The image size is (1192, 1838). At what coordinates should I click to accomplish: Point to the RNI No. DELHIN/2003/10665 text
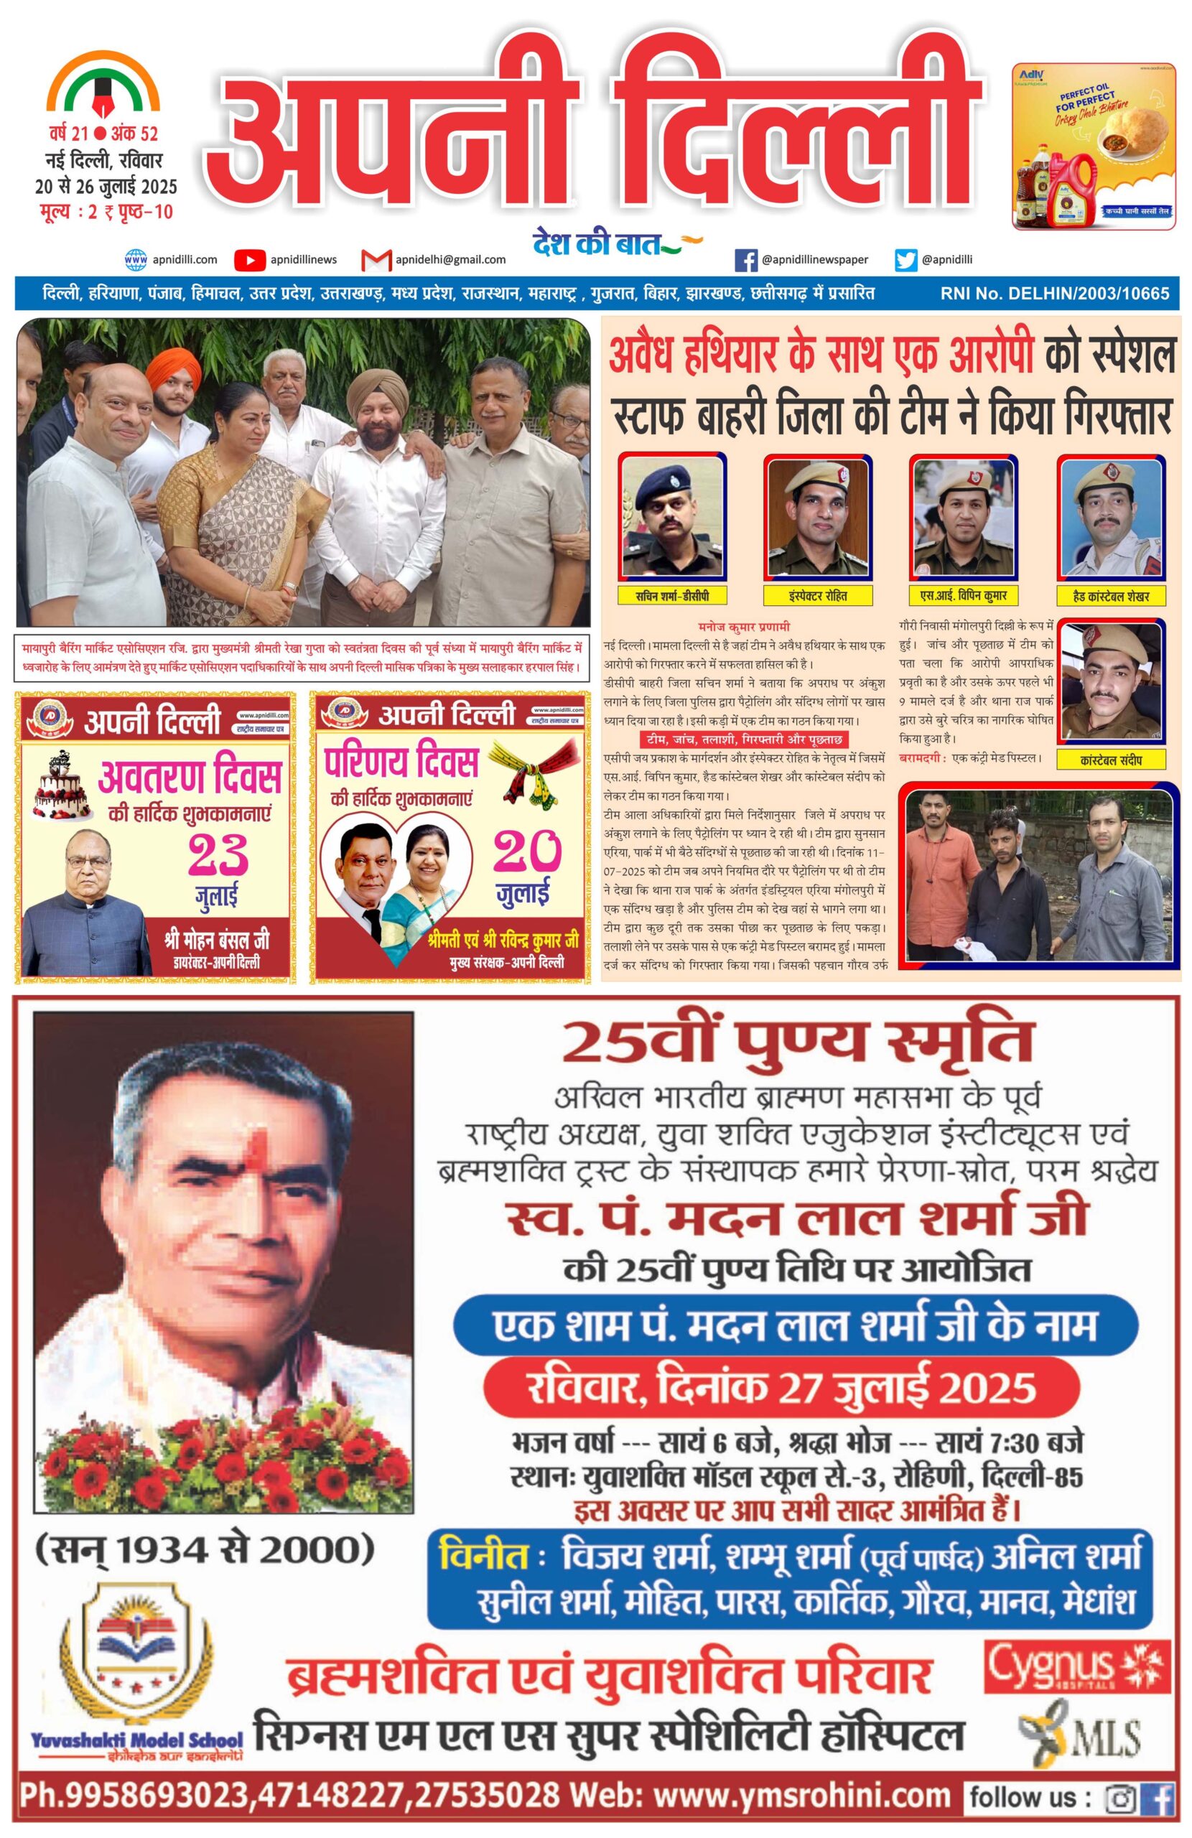(x=1055, y=294)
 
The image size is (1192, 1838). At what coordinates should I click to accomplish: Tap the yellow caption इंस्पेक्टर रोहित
(x=817, y=595)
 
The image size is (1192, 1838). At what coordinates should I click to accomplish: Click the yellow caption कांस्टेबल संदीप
(x=1111, y=760)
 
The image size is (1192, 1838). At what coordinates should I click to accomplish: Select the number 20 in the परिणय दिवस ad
(x=527, y=851)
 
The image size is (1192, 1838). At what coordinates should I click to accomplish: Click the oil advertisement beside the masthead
(x=1094, y=146)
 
